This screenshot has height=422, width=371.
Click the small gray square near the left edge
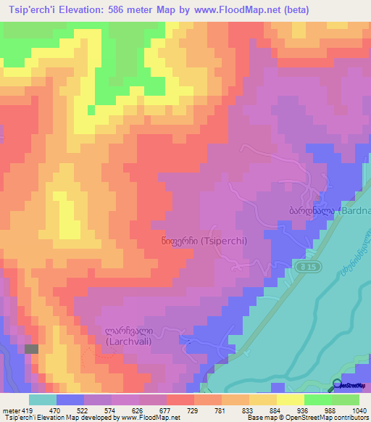[31, 349]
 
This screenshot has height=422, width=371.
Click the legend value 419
[22, 410]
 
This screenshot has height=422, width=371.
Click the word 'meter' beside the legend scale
[10, 410]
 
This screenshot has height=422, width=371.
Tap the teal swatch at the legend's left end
[43, 400]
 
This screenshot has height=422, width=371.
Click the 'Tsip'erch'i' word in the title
[33, 9]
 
